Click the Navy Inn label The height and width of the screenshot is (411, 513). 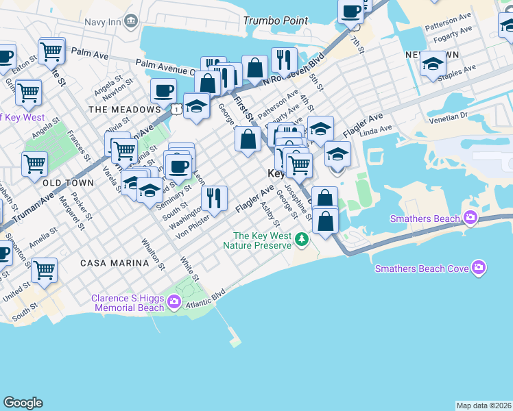[x=103, y=21]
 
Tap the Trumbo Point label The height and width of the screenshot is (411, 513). [x=276, y=21]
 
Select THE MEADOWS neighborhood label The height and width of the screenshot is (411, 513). [x=124, y=110]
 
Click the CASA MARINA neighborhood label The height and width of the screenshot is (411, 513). [x=114, y=263]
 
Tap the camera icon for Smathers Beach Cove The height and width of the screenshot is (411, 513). [x=479, y=268]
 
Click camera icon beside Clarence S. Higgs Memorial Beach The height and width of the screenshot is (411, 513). [x=174, y=301]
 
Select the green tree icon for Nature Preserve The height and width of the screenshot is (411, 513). [x=302, y=240]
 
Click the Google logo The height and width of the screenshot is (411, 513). [x=23, y=403]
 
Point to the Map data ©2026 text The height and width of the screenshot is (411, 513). [x=484, y=406]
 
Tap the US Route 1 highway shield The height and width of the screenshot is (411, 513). [x=177, y=109]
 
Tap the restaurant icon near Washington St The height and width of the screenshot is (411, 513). [x=215, y=199]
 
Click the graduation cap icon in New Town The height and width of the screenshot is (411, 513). [x=432, y=64]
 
